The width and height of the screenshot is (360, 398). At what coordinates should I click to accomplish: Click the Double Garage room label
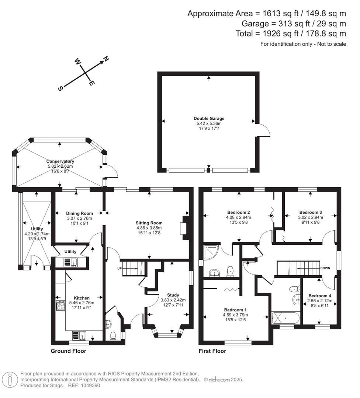pos(209,118)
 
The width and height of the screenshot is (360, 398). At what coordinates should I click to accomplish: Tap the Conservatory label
pos(60,161)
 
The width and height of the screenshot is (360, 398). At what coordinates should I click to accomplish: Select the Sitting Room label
pos(149,223)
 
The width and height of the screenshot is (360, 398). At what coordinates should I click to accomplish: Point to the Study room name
pos(173,295)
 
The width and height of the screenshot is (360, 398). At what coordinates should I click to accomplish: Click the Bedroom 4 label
pos(320,296)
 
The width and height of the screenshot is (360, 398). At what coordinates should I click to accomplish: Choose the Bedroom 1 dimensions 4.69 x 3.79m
pos(235,315)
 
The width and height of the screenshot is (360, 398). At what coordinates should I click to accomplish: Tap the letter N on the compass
pos(106,59)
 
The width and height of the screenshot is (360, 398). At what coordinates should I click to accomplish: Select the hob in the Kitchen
pos(60,306)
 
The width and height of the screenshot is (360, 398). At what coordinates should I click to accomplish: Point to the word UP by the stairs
pos(119,268)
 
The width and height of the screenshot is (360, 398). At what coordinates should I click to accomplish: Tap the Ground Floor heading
pos(68,351)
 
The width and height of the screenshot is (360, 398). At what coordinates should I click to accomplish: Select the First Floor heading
pos(212,351)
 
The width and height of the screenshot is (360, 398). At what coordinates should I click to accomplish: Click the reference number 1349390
pos(90,385)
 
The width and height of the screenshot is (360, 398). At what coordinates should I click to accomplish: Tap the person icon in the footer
pos(10,379)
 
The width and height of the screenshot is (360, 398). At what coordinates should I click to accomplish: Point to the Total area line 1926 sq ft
pos(291,34)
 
